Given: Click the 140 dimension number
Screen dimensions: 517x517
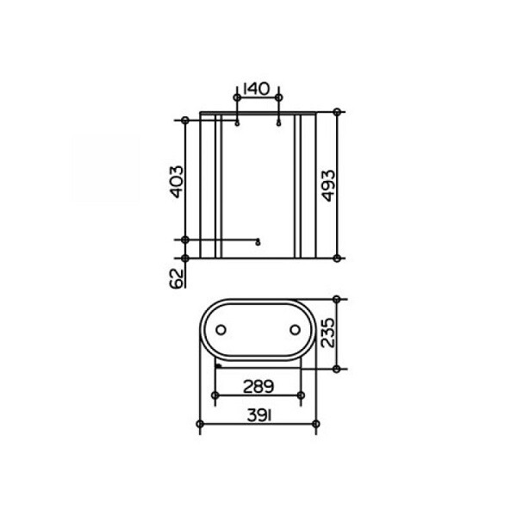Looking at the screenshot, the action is [x=256, y=89].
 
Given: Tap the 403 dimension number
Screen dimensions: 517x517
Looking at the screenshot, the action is [x=177, y=182].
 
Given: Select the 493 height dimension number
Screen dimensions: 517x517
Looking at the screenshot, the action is [x=328, y=185].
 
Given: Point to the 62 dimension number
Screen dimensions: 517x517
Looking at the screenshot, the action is [x=177, y=279].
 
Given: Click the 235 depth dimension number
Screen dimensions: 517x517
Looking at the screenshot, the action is [x=327, y=333].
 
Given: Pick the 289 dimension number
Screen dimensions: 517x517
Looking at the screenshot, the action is [x=258, y=387].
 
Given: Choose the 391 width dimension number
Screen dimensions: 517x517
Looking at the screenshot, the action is [x=259, y=416].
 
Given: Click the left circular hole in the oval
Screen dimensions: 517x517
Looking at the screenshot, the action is [x=221, y=330].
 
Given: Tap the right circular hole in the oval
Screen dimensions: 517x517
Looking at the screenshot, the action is [x=295, y=330].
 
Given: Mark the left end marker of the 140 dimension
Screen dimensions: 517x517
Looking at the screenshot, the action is [x=237, y=97].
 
